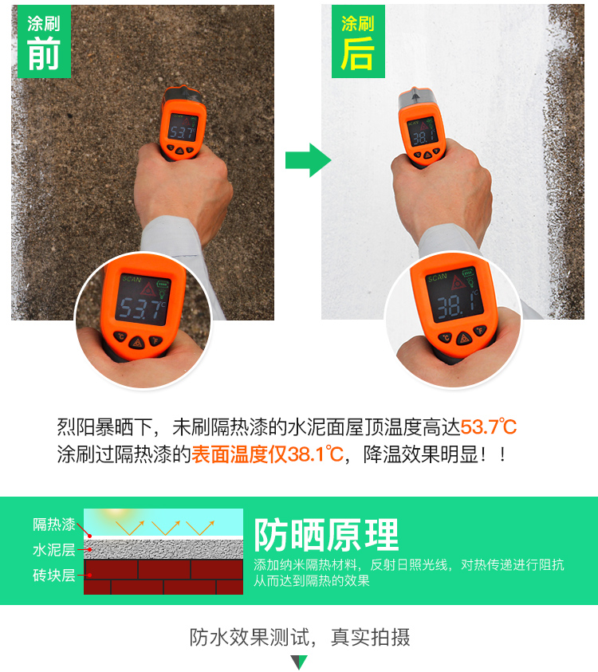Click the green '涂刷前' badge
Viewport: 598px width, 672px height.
(42, 41)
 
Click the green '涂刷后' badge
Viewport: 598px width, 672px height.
(358, 41)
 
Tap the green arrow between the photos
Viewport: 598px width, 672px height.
(308, 160)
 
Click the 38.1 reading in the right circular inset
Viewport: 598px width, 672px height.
(453, 302)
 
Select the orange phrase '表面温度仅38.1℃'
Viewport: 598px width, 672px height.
(267, 455)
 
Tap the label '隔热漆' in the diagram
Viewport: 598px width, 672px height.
(54, 525)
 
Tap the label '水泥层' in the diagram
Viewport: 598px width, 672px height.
(54, 550)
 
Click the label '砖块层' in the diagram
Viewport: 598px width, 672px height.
(54, 575)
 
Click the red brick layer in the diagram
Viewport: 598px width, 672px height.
(163, 576)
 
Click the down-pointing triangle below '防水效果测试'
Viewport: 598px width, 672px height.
(299, 662)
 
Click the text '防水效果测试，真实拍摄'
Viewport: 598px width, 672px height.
(300, 637)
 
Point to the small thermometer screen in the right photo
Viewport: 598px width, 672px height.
(422, 133)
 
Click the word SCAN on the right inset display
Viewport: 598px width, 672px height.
(438, 279)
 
